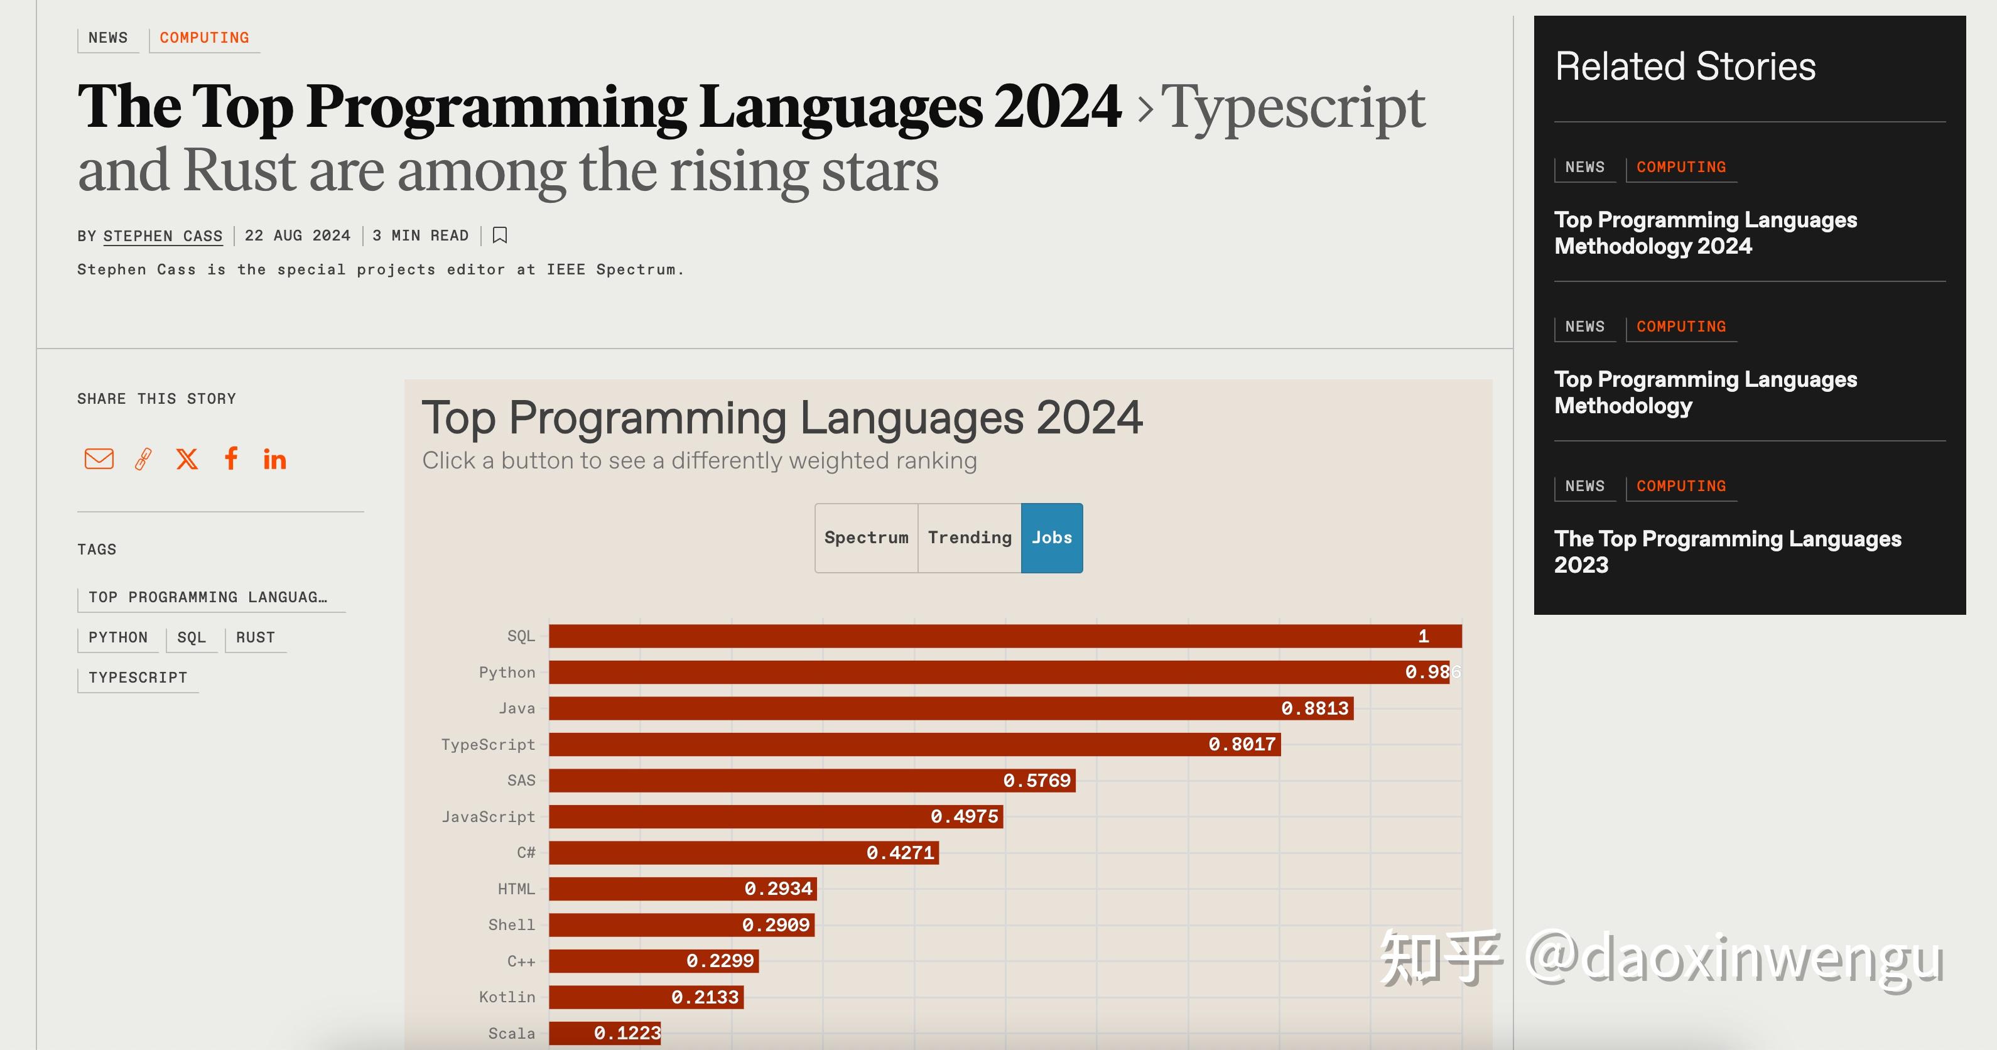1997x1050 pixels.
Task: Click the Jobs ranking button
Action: click(1051, 538)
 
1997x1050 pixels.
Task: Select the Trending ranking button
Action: click(969, 538)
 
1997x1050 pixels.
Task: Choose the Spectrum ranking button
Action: click(866, 538)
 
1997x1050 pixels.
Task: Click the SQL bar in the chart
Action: click(1005, 636)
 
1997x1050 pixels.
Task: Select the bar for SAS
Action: click(811, 780)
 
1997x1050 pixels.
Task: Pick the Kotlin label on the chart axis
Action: click(506, 997)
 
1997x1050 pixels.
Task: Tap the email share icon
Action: click(99, 459)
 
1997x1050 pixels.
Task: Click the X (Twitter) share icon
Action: click(187, 459)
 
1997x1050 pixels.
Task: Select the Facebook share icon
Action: click(231, 458)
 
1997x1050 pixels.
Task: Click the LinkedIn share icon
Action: click(274, 460)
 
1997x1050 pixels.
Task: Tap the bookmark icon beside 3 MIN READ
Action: click(500, 235)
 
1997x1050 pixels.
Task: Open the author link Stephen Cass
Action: click(163, 235)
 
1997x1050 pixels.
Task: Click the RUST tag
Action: click(255, 637)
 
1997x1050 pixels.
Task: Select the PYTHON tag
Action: click(118, 637)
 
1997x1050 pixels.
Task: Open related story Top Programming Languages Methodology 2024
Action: click(1705, 232)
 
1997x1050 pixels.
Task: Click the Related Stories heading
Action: click(1685, 67)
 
